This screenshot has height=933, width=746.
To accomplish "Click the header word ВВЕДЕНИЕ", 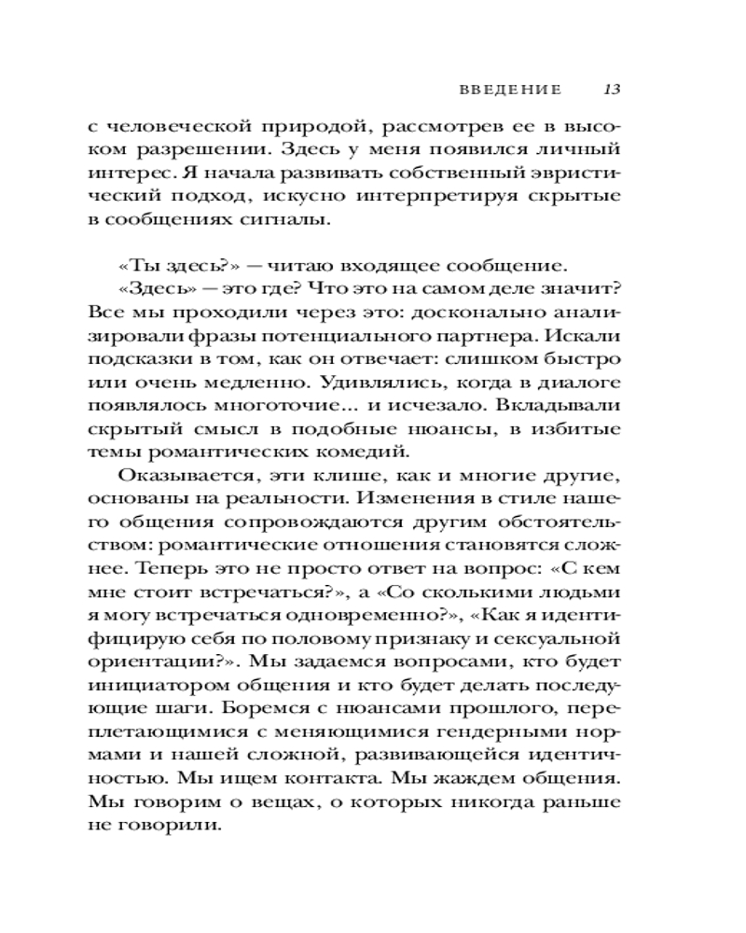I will click(511, 91).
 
